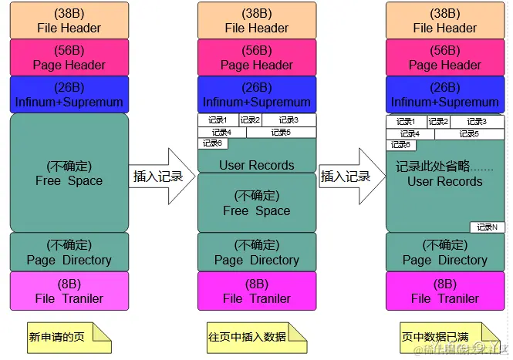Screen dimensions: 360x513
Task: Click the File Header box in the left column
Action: tap(69, 20)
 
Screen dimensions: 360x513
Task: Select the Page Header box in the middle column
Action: tap(256, 57)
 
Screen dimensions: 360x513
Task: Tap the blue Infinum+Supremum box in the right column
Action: tap(444, 94)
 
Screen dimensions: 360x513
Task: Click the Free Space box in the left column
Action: tap(69, 173)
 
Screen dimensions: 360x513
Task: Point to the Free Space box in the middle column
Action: tap(256, 203)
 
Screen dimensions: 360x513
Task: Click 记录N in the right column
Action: tap(487, 227)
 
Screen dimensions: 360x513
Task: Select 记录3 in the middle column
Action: tap(289, 120)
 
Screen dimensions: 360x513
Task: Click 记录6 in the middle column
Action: tap(212, 143)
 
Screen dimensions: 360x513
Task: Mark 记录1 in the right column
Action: tap(405, 121)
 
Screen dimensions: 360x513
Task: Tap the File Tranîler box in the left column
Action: tap(69, 291)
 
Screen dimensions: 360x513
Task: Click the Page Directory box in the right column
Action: tap(444, 252)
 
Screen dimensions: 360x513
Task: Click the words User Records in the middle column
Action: tap(256, 165)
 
